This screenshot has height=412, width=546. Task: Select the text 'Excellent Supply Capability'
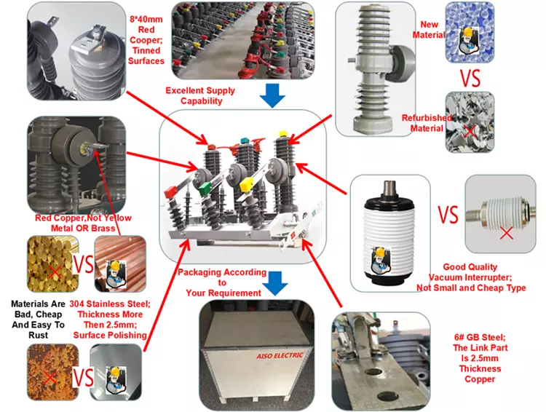202,95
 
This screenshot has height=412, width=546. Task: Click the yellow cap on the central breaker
283,135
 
